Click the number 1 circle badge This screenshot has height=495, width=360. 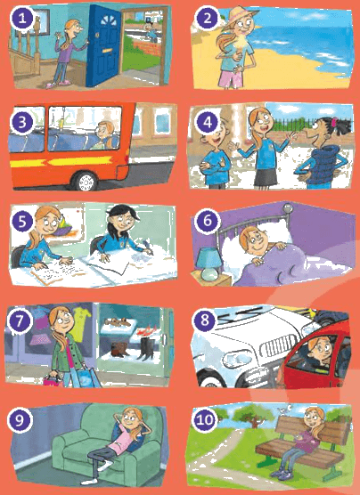point(22,19)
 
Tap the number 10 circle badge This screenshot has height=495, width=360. point(204,420)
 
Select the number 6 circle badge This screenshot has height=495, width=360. point(207,221)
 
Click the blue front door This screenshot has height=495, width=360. point(103,46)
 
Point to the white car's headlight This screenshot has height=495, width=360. point(237,359)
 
